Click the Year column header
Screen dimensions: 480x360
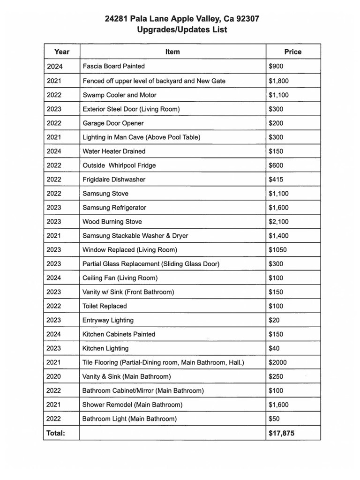coord(61,52)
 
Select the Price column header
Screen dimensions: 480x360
coord(292,52)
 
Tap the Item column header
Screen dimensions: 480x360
coord(172,52)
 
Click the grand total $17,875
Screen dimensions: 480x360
coord(282,434)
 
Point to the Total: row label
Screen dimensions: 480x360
coord(55,434)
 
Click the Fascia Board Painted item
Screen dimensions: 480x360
coord(113,66)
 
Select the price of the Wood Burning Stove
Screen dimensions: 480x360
coord(278,222)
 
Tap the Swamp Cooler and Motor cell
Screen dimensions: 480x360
coord(120,95)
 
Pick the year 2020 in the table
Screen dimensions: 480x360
coord(54,376)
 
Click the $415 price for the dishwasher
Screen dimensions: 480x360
coord(276,180)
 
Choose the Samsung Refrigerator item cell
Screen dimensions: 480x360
coord(114,208)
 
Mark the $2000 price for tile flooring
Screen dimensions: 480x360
coord(277,362)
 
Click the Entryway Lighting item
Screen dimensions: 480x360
coord(108,320)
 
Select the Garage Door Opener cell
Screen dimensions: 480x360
coord(113,123)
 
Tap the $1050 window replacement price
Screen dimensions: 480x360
coord(277,250)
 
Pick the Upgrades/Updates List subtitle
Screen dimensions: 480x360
coord(182,30)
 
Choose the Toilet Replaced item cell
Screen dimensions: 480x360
coord(105,306)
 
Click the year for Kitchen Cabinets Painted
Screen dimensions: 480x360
coord(54,334)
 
